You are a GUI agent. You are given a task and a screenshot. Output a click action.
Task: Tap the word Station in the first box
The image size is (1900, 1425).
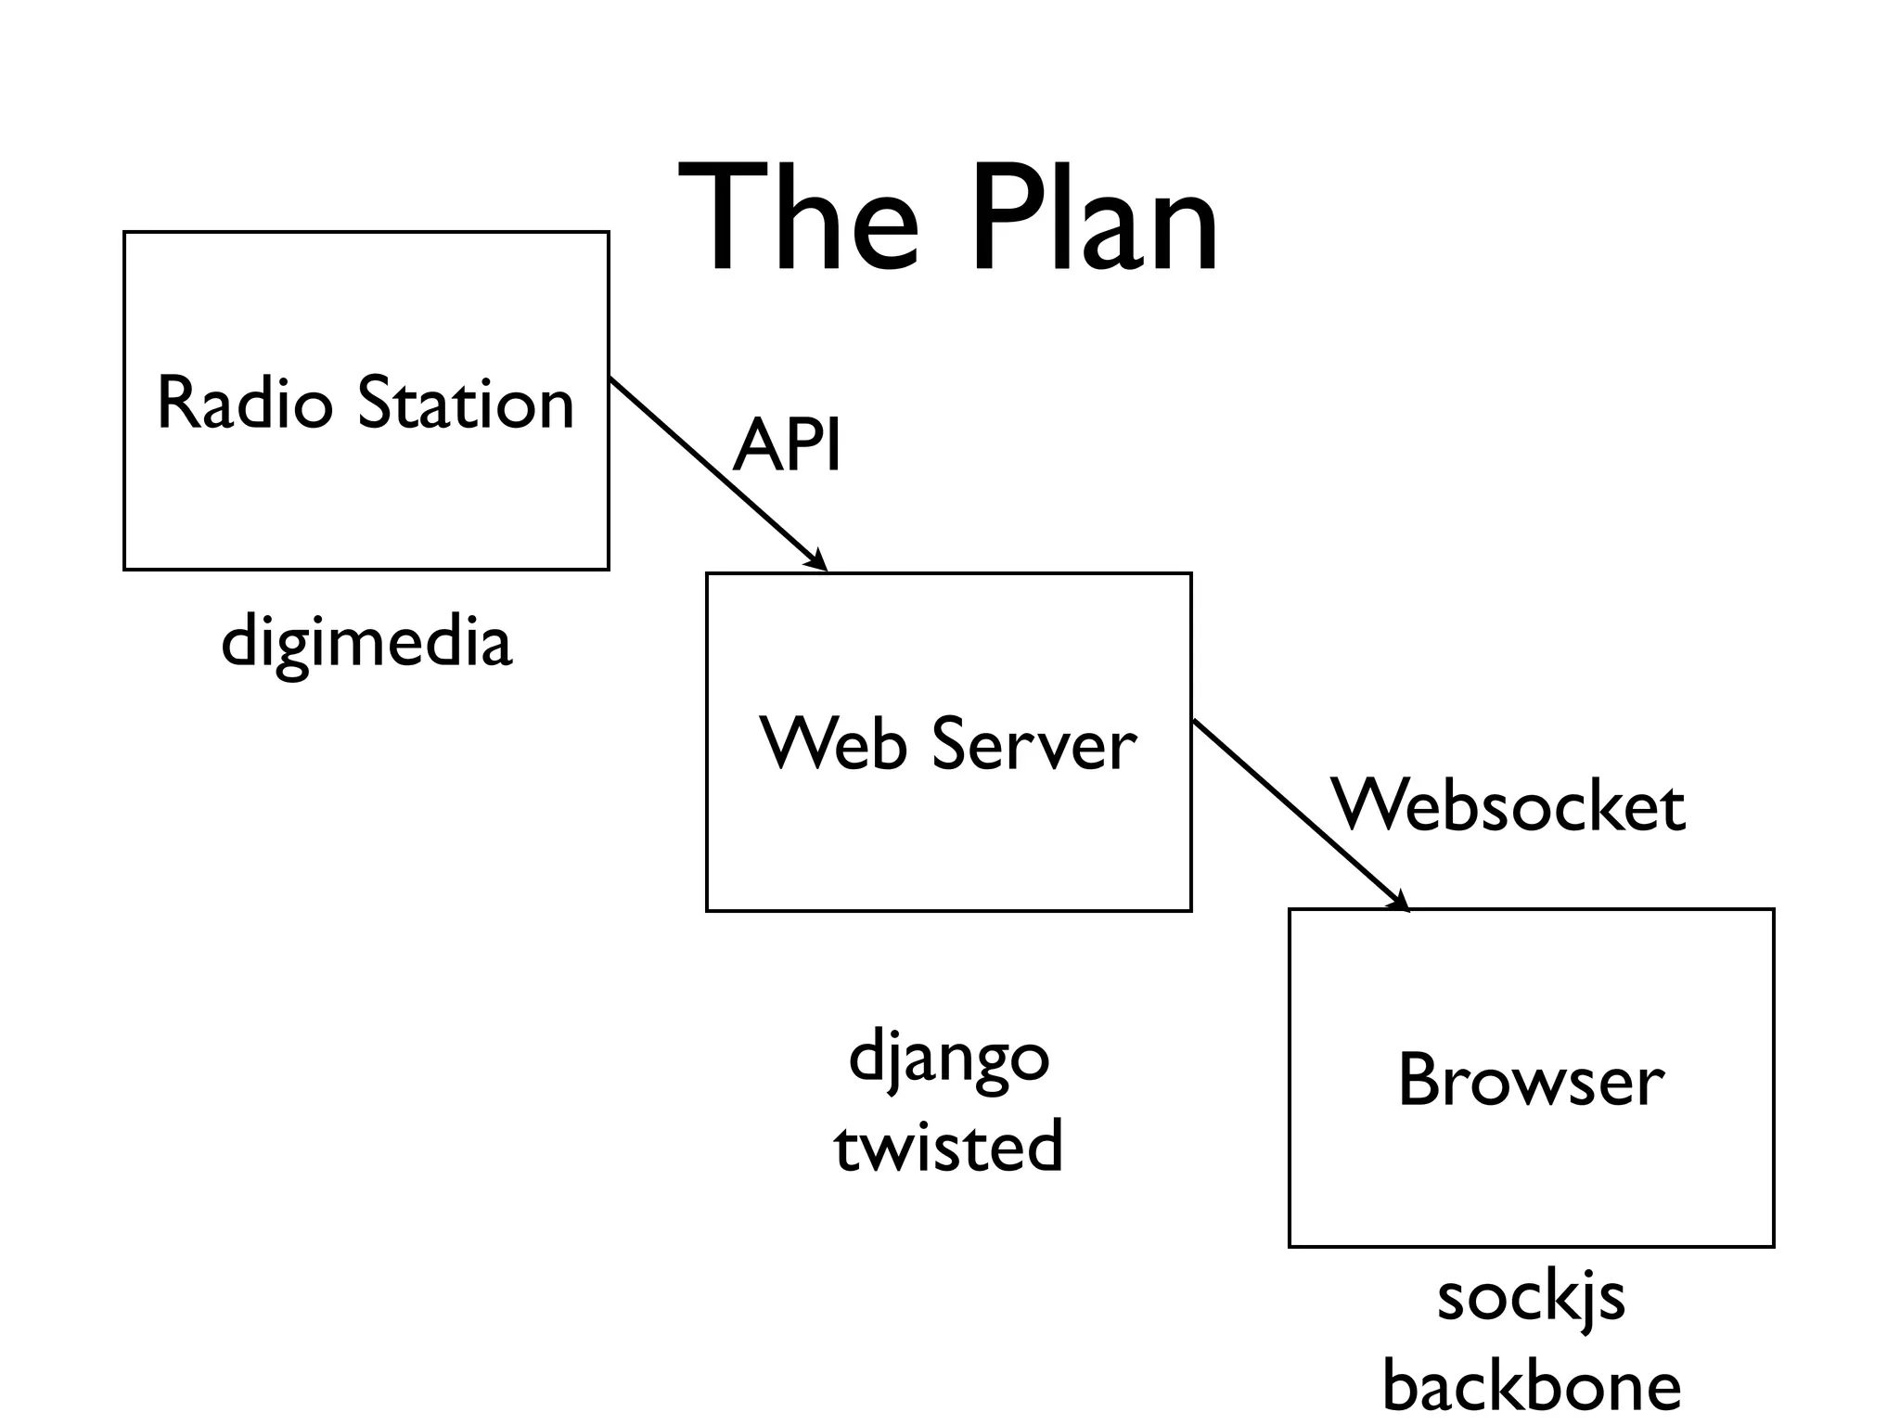(466, 403)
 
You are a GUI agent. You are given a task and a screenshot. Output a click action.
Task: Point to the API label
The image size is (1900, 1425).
(787, 446)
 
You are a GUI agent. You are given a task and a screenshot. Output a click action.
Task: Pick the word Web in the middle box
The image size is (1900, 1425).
(832, 744)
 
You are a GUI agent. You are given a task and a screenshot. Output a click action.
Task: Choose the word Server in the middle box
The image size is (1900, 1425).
(1033, 744)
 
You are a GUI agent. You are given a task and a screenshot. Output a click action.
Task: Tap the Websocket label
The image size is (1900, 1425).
(1508, 804)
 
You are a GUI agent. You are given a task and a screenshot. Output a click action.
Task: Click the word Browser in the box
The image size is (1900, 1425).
(1531, 1080)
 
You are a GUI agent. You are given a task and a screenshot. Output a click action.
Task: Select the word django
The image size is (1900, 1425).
(948, 1058)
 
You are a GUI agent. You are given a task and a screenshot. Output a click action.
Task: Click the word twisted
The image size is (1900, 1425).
(948, 1147)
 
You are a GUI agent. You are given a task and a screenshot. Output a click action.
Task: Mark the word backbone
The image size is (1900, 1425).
(1531, 1386)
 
